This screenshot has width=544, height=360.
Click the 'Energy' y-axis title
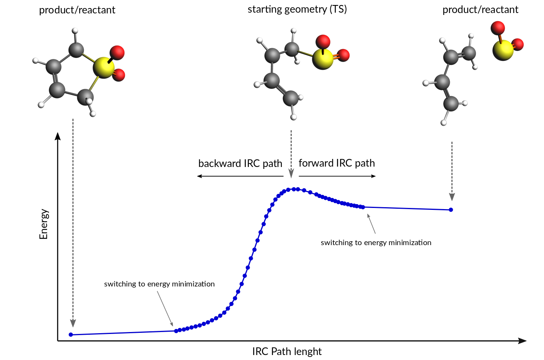click(44, 224)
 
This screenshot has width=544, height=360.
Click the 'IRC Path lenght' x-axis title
click(287, 351)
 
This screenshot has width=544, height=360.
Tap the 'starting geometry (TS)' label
click(297, 9)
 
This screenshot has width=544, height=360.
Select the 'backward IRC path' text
click(240, 164)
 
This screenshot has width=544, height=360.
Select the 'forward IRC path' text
click(337, 163)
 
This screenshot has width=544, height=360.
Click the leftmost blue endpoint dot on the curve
click(71, 335)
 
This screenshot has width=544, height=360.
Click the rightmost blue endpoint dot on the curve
click(451, 209)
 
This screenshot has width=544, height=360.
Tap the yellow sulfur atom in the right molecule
click(503, 50)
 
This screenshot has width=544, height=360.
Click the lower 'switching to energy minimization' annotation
click(159, 284)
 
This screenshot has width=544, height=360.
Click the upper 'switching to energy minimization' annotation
click(376, 242)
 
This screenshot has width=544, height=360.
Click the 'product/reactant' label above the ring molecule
click(77, 10)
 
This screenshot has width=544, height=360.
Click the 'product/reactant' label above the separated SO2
click(480, 10)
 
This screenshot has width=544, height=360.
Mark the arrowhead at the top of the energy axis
click(58, 136)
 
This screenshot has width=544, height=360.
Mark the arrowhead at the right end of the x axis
click(522, 341)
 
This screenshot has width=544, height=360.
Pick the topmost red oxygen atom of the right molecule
click(498, 28)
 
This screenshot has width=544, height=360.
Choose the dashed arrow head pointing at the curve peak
click(291, 173)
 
